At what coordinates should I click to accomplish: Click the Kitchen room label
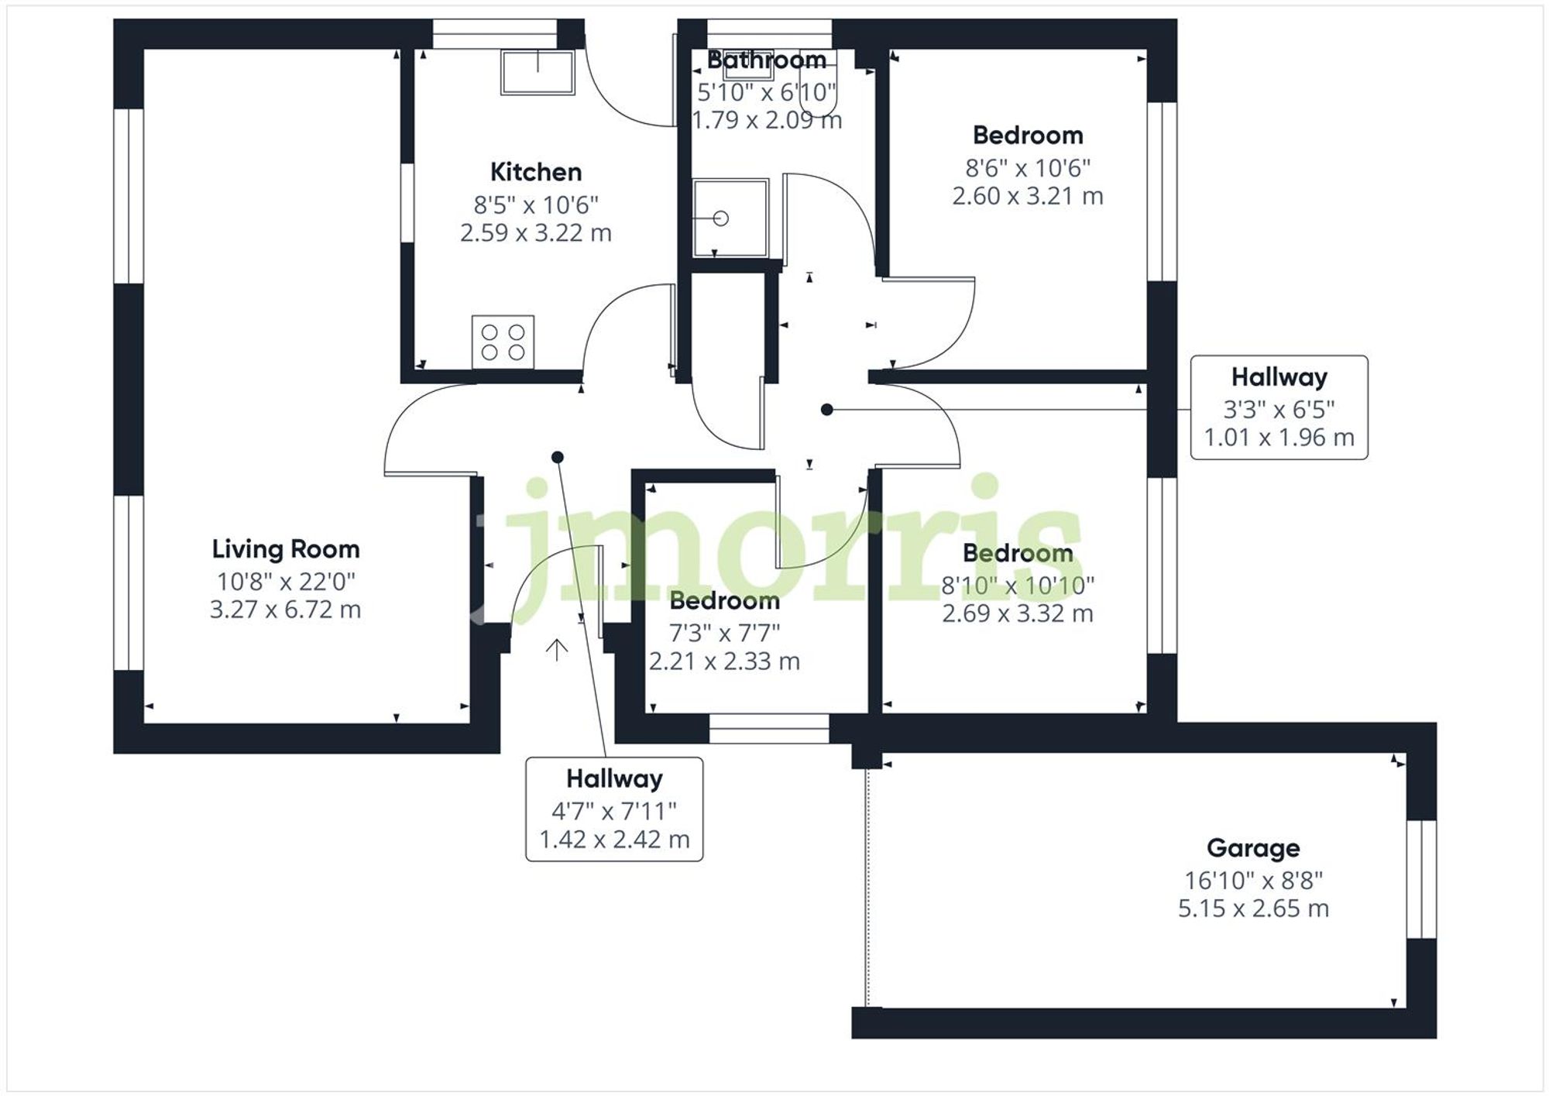535,172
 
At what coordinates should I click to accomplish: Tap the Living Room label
286,549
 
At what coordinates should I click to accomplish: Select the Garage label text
1252,848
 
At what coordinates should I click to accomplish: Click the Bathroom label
766,60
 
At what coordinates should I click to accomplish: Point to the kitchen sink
538,72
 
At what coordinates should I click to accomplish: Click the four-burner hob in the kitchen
503,342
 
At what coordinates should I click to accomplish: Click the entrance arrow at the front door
556,649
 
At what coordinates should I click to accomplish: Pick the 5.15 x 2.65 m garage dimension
1252,908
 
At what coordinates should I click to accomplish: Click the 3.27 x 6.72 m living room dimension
285,610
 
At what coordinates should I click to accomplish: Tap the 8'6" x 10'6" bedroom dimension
1027,167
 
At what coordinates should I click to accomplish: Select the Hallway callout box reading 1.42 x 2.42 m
614,809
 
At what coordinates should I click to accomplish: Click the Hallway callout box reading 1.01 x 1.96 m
1279,407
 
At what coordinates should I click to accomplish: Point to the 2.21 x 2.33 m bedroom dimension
723,661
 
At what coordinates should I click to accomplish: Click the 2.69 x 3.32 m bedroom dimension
1017,613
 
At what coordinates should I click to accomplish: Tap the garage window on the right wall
1421,879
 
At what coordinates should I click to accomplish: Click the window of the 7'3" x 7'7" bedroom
769,729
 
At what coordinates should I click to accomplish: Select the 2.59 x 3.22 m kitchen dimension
535,233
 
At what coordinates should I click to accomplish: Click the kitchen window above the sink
494,34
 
